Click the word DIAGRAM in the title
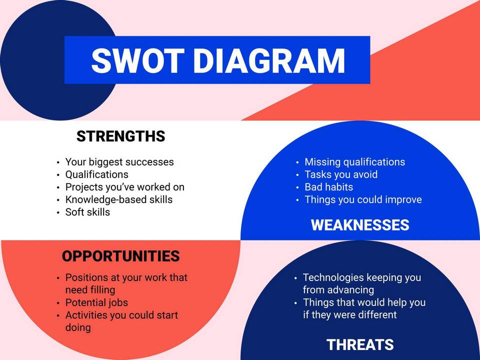pos(269,60)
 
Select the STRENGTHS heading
pos(120,136)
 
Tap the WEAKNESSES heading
pos(360,225)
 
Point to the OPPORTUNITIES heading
pos(120,256)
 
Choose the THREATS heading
pos(360,344)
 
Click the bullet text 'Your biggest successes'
pos(119,162)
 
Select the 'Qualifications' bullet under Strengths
pos(96,174)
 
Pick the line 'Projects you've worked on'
pos(125,187)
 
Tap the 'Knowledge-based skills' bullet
pos(119,199)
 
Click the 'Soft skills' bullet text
pos(87,212)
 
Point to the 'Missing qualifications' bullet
pos(355,162)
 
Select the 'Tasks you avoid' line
pos(341,174)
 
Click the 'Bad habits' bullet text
pos(329,187)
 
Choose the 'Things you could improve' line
pos(363,199)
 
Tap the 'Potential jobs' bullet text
pos(96,302)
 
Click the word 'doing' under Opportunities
pos(78,327)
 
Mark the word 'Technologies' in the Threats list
pos(333,277)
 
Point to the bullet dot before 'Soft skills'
pos(58,212)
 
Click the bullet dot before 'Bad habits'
pos(297,187)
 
